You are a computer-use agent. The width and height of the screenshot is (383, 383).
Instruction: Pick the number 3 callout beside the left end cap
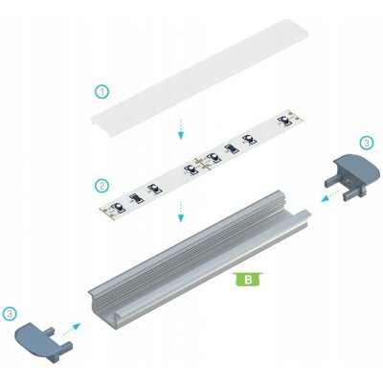point(11,312)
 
